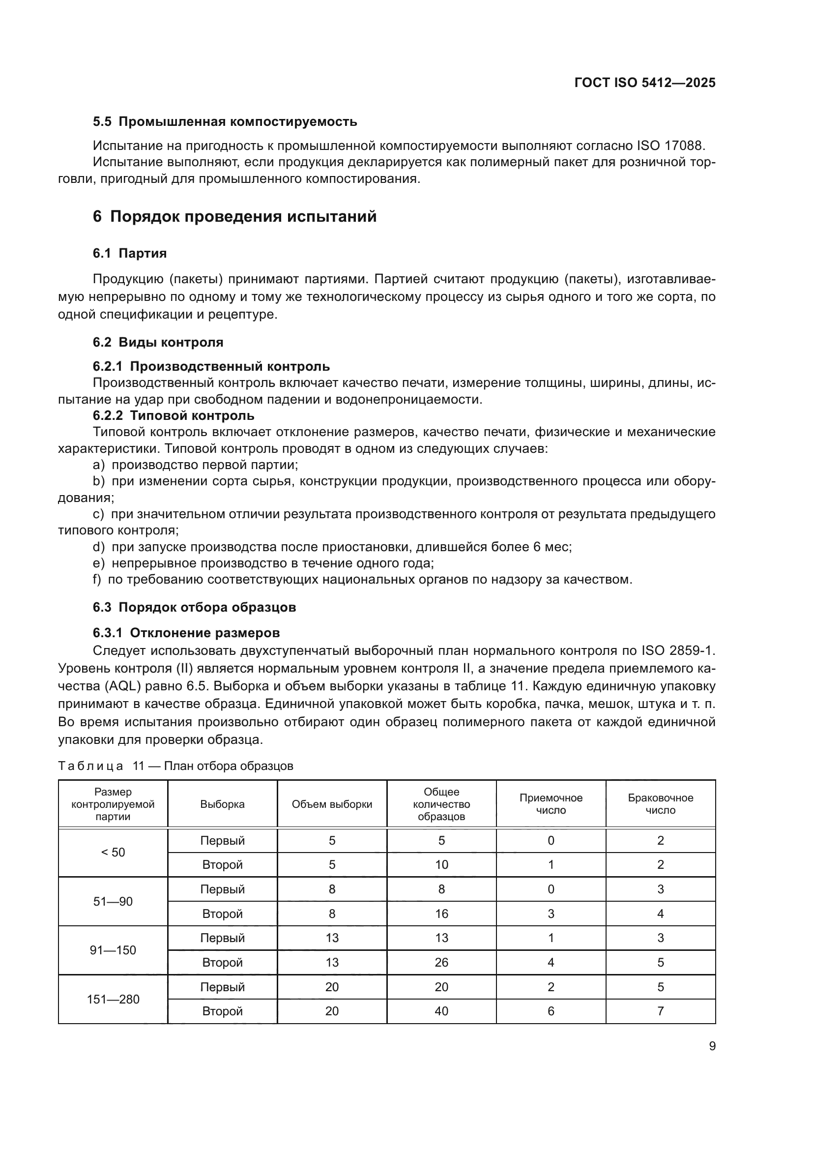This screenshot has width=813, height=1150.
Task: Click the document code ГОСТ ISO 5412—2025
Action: click(645, 83)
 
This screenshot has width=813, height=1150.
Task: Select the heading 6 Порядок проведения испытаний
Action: click(234, 217)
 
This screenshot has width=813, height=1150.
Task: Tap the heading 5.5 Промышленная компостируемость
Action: click(225, 122)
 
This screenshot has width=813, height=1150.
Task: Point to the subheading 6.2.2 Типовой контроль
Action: click(173, 416)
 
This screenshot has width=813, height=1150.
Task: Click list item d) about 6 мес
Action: click(332, 547)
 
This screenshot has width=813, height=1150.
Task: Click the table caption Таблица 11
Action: click(175, 766)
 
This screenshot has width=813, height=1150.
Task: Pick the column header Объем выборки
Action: click(332, 804)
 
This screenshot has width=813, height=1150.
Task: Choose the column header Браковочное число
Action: click(660, 804)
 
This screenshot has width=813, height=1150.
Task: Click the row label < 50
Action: click(113, 853)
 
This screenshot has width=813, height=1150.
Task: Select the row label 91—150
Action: click(113, 951)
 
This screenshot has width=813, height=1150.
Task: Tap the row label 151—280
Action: click(113, 1000)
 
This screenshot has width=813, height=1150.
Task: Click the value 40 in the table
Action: click(441, 1011)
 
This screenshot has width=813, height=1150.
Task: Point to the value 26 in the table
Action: click(441, 963)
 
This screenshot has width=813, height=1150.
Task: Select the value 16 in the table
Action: click(441, 914)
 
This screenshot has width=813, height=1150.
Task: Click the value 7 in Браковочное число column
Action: click(660, 1011)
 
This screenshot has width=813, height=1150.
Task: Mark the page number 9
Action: click(712, 1046)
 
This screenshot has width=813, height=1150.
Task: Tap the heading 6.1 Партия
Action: click(130, 253)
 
